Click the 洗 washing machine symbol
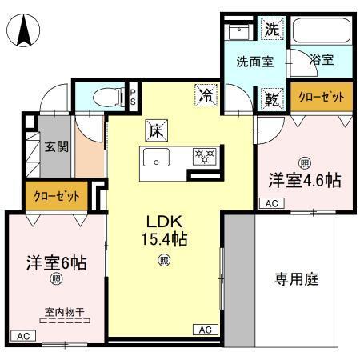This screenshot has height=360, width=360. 272,30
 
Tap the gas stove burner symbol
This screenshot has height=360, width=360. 206,156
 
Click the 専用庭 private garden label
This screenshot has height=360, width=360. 297,279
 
